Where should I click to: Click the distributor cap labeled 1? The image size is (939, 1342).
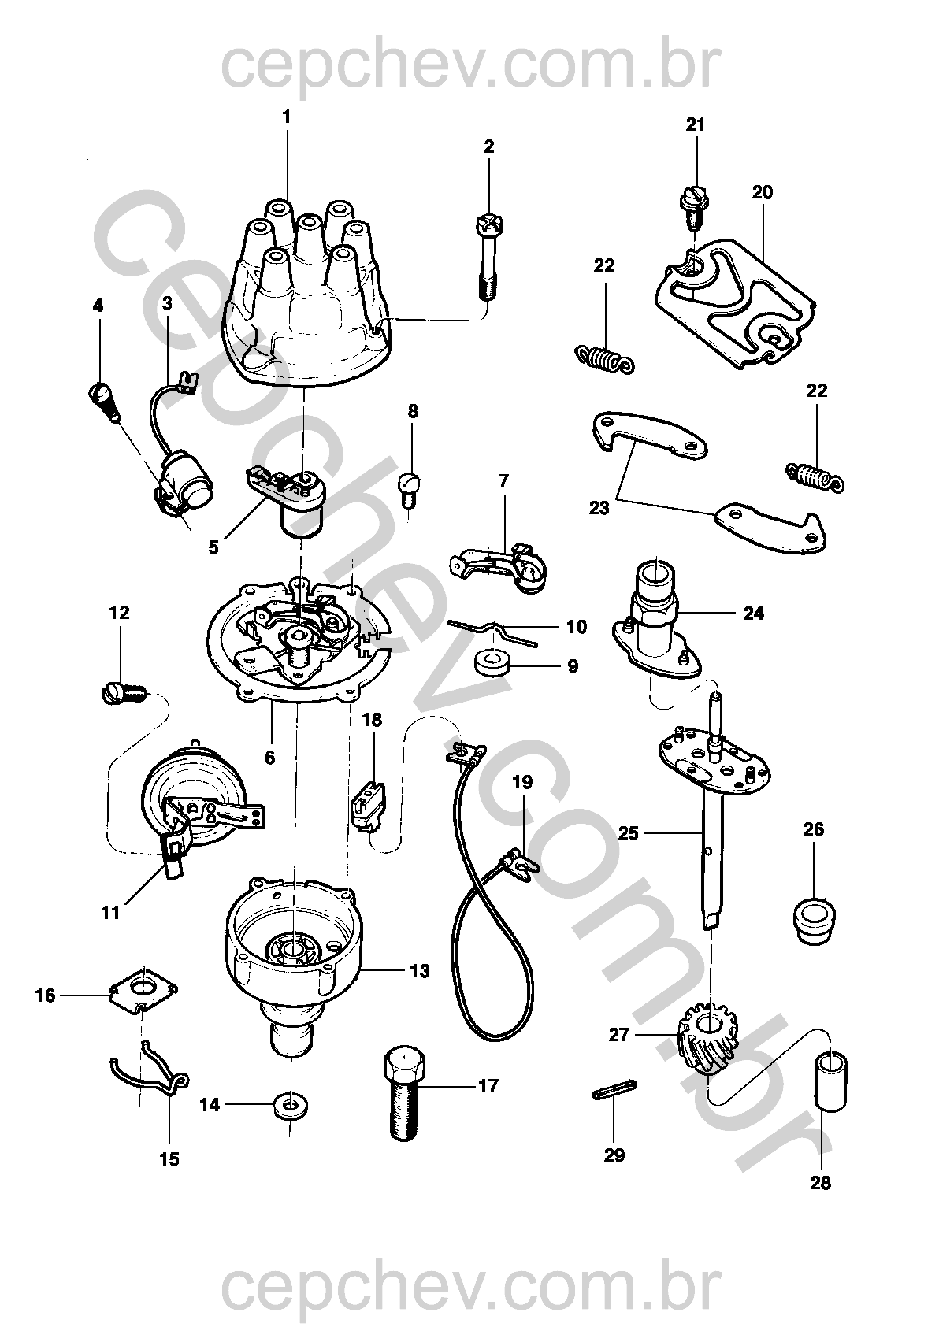click(x=303, y=299)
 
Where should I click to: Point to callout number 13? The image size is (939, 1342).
click(x=420, y=972)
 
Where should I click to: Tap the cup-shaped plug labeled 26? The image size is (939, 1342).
click(x=815, y=918)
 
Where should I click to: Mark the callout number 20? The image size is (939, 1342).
click(x=763, y=192)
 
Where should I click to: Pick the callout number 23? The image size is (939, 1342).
click(x=599, y=508)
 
